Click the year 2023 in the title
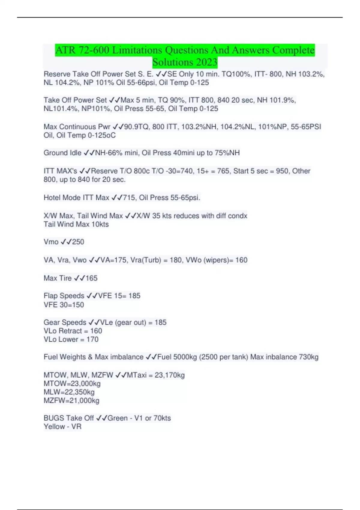click(x=206, y=62)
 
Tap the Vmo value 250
click(x=78, y=242)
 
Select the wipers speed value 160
click(x=241, y=260)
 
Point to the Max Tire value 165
click(x=91, y=278)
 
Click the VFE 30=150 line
click(x=64, y=305)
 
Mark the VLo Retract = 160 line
click(x=73, y=331)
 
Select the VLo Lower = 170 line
click(x=71, y=339)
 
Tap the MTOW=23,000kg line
click(x=72, y=383)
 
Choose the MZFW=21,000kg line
click(x=71, y=400)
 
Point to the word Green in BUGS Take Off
click(x=118, y=418)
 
